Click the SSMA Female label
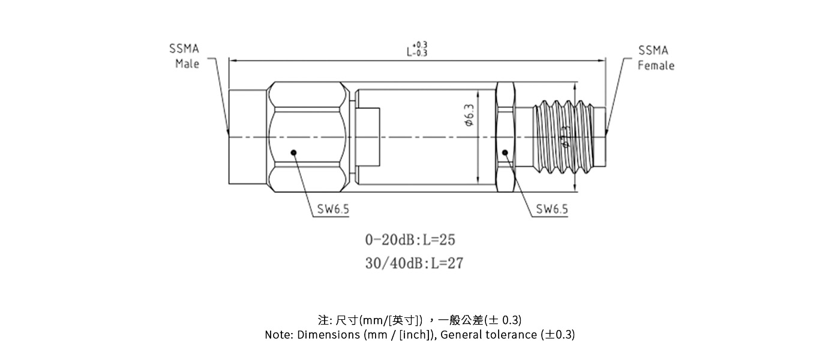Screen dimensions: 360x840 coord(655,58)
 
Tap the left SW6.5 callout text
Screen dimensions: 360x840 coord(333,209)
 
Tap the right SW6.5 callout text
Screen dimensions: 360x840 coord(552,209)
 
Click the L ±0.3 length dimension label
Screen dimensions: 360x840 coord(417,49)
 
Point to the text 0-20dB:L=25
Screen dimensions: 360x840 coord(410,240)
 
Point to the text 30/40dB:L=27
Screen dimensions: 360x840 coord(414,263)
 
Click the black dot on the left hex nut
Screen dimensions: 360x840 coord(293,152)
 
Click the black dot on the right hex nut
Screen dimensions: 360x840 coord(505,152)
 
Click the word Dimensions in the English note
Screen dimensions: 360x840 coord(329,335)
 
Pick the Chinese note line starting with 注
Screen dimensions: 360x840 coord(419,319)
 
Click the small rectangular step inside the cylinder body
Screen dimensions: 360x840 coord(367,137)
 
